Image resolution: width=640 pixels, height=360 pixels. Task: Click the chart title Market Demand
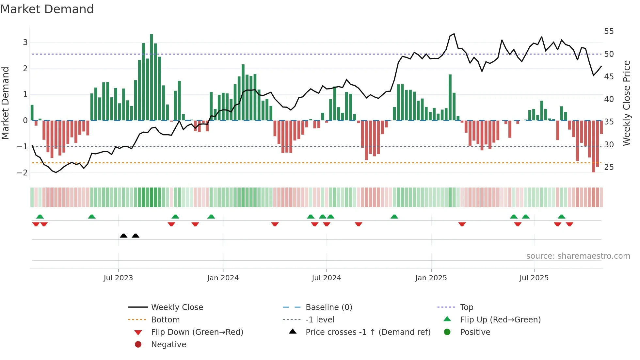47,9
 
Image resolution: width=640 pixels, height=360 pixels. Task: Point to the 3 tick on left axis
25,42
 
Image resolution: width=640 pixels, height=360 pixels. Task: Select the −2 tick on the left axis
23,172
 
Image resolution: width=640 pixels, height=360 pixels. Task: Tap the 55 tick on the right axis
609,31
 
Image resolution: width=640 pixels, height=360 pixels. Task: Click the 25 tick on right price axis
609,167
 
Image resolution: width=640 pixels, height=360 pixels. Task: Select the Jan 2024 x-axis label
223,278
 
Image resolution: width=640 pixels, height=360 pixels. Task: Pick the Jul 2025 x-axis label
534,278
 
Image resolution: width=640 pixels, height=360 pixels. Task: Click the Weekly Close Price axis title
626,103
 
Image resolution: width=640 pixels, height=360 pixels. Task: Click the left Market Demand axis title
5,103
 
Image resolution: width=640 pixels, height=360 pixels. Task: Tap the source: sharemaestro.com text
578,256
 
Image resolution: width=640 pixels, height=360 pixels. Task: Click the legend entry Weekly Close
177,307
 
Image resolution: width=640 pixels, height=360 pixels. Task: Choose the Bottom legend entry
165,320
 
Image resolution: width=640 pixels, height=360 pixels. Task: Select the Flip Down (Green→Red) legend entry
197,332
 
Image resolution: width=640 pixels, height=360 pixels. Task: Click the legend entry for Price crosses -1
368,332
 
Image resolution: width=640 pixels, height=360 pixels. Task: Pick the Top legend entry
466,307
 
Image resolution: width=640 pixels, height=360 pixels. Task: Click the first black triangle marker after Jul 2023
123,236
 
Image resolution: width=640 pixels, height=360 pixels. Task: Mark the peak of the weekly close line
454,34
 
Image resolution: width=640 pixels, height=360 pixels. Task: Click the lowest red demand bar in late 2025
593,146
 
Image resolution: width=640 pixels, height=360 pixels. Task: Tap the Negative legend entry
168,345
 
